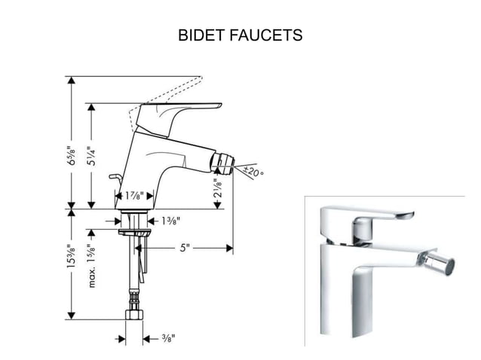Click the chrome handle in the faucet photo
pyautogui.click(x=381, y=216)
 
